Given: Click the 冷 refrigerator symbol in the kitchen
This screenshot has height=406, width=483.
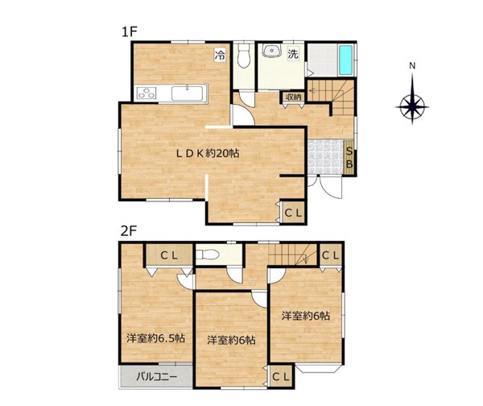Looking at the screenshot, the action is pyautogui.click(x=220, y=56).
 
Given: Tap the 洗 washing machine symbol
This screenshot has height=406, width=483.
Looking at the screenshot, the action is pyautogui.click(x=293, y=54).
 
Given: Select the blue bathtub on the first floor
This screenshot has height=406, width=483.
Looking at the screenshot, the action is pyautogui.click(x=345, y=60).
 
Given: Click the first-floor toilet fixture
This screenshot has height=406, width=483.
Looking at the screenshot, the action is pyautogui.click(x=244, y=56).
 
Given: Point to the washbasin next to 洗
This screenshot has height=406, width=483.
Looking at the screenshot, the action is pyautogui.click(x=271, y=51).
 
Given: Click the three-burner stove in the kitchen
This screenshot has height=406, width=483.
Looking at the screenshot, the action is pyautogui.click(x=147, y=93).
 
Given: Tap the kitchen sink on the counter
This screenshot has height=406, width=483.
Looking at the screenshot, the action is pyautogui.click(x=187, y=93).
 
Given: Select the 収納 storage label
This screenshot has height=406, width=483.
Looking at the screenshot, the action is pyautogui.click(x=293, y=97).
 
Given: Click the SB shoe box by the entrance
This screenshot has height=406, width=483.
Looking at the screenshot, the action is pyautogui.click(x=349, y=158).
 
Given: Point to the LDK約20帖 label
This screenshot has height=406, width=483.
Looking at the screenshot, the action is pyautogui.click(x=208, y=153).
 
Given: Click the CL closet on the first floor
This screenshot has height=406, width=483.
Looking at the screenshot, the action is pyautogui.click(x=294, y=213).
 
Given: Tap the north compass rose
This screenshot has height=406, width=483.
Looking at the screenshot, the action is pyautogui.click(x=412, y=106).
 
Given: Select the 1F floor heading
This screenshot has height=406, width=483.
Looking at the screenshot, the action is pyautogui.click(x=129, y=31).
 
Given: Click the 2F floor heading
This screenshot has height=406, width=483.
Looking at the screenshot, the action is pyautogui.click(x=129, y=231).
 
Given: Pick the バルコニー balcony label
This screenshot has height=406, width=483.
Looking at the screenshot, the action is pyautogui.click(x=157, y=376).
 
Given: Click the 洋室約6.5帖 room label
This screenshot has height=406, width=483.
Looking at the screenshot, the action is pyautogui.click(x=156, y=338).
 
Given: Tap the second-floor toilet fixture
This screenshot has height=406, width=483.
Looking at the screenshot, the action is pyautogui.click(x=208, y=255).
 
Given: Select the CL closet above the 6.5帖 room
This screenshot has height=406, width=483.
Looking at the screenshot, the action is pyautogui.click(x=169, y=255).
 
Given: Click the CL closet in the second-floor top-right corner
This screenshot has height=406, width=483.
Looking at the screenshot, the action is pyautogui.click(x=331, y=255).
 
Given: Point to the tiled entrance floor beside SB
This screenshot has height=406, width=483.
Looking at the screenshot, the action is pyautogui.click(x=325, y=158).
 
